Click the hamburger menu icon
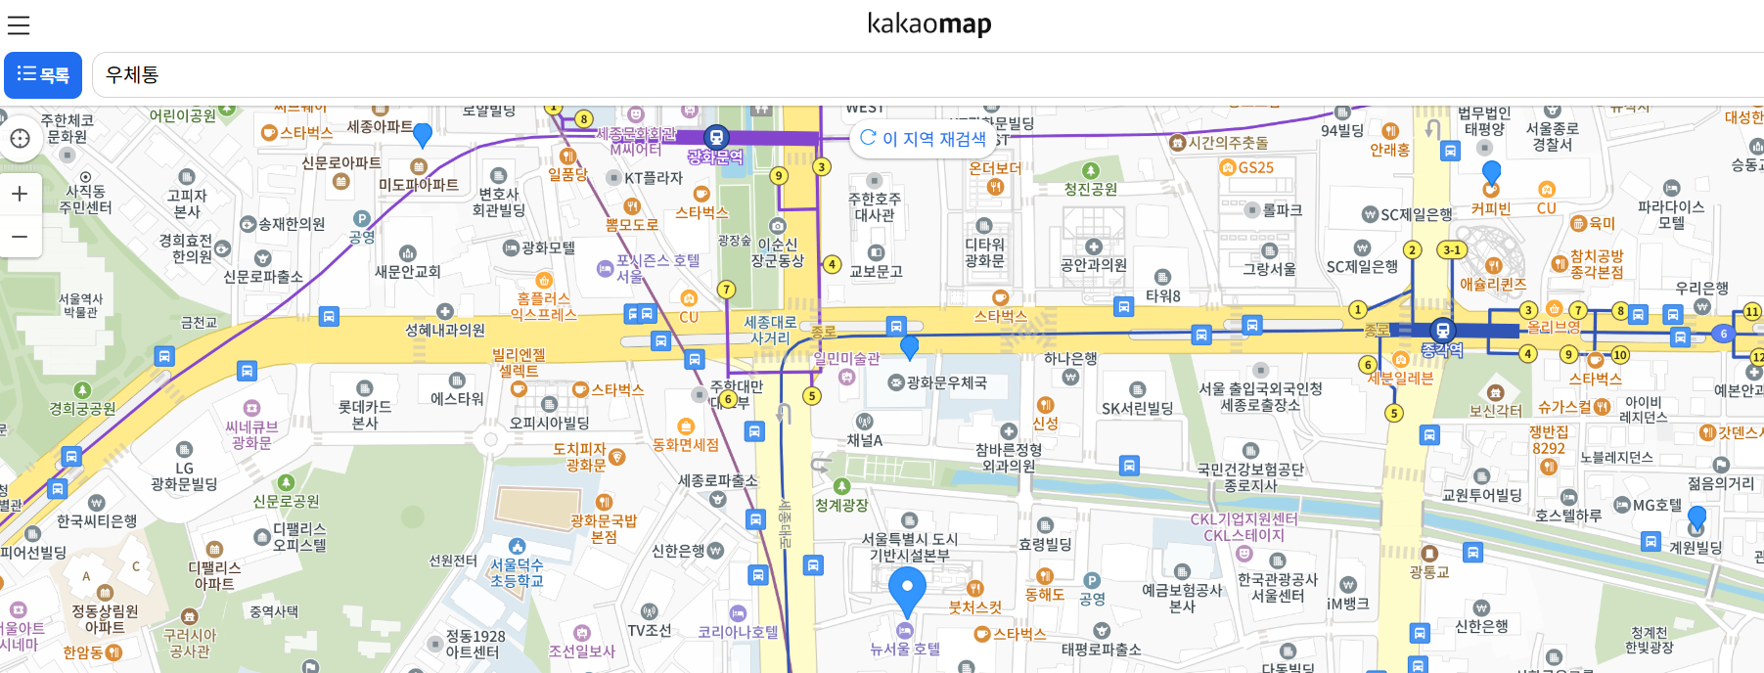[19, 24]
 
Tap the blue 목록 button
[43, 75]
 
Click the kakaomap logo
[928, 23]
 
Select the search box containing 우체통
[920, 75]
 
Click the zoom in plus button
[20, 194]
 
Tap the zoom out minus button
[20, 237]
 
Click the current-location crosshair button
[20, 138]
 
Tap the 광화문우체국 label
[946, 382]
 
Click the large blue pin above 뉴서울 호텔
[907, 590]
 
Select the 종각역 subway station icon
[1442, 330]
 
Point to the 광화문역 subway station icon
[716, 137]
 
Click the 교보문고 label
[876, 271]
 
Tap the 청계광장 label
[841, 505]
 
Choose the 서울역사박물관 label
[81, 305]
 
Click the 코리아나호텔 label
[738, 632]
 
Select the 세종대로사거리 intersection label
[770, 330]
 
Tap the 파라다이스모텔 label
[1671, 214]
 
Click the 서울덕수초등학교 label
[517, 572]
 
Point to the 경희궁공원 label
[82, 409]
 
